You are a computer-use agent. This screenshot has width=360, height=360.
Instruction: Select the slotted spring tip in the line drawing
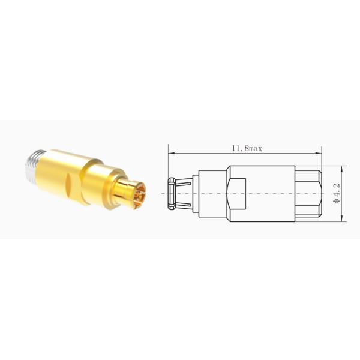tap(172, 194)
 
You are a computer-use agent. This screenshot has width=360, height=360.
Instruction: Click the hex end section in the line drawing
tap(308, 194)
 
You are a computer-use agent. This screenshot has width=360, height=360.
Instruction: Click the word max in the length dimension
tap(256, 147)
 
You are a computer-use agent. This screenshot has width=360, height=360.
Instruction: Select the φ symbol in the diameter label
tap(337, 202)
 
